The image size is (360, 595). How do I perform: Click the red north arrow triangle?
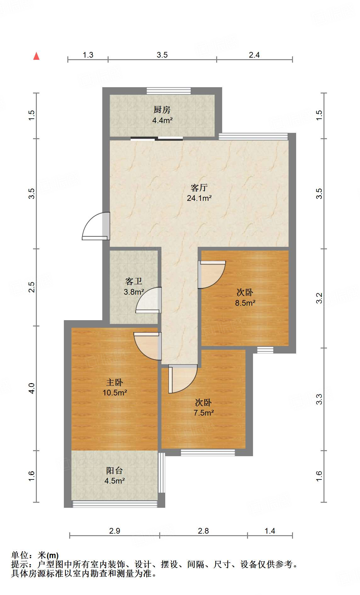(37, 56)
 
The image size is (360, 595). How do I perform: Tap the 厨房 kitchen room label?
(162, 110)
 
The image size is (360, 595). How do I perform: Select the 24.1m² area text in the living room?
(199, 198)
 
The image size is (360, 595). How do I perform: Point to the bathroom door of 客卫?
(149, 300)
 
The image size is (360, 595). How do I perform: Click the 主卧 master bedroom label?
(115, 382)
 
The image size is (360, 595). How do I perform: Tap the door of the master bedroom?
(147, 345)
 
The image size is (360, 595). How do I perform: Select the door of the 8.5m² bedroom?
(212, 274)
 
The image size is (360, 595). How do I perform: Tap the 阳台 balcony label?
(114, 471)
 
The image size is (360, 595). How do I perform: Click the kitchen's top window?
(169, 91)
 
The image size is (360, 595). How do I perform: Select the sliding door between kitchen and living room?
(157, 138)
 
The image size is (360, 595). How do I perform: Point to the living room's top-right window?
(253, 136)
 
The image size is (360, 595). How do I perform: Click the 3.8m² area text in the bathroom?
(134, 292)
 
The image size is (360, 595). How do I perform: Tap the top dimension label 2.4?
(254, 55)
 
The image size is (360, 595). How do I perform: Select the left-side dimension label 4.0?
(31, 388)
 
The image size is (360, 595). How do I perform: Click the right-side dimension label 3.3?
(319, 399)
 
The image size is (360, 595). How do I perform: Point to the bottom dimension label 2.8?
(203, 531)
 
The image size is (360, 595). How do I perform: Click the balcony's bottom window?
(115, 504)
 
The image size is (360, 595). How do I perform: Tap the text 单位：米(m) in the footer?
(35, 555)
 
